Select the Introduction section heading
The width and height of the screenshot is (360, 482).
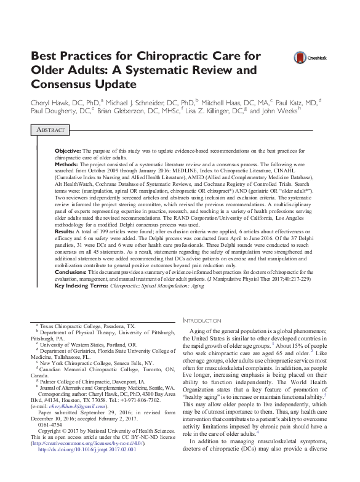pyautogui.click(x=202, y=321)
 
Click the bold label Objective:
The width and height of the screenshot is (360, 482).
pyautogui.click(x=68, y=151)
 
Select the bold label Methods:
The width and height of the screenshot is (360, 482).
pyautogui.click(x=66, y=165)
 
